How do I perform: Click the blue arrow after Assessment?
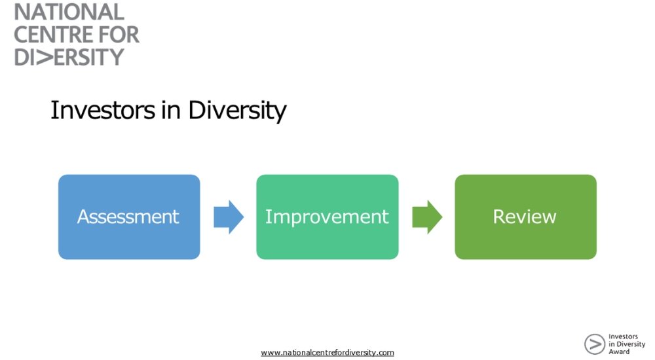point(229,217)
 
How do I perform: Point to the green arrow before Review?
point(427,217)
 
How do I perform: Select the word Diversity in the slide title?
point(237,110)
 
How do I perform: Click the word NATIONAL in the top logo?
point(69,12)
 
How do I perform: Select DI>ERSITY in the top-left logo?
point(69,57)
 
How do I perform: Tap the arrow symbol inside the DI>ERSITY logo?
point(45,57)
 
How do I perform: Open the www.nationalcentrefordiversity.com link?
point(327,352)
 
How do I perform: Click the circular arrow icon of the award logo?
point(594,344)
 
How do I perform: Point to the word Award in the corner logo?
point(619,351)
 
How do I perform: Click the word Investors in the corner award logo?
point(623,337)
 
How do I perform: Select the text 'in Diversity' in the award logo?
point(626,344)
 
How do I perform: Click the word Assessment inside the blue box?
point(128,217)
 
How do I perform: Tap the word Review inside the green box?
point(525,217)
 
